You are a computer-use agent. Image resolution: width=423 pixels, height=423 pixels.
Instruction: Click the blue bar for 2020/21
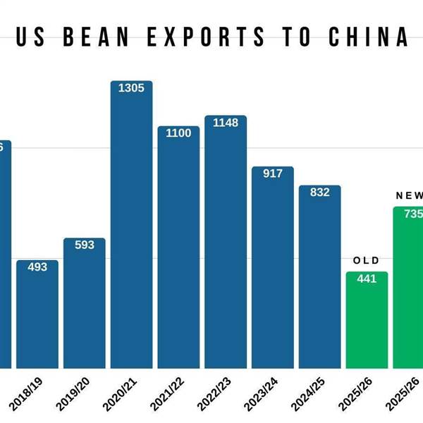(131, 233)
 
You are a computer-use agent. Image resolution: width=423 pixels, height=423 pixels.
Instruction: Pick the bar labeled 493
(37, 317)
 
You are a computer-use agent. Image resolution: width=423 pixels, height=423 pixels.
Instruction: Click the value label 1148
(226, 123)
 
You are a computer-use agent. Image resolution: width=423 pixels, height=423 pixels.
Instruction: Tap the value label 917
(273, 173)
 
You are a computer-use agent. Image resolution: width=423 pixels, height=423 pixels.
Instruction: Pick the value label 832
(320, 192)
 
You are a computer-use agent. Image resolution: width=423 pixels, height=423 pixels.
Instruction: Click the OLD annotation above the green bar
(366, 261)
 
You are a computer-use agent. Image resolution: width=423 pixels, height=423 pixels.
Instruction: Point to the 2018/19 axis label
(26, 393)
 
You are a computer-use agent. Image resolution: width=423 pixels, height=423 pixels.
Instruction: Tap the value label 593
(85, 245)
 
